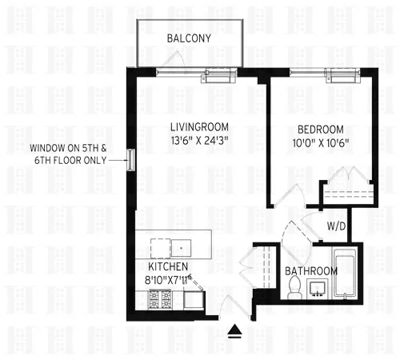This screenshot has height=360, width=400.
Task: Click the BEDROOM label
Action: tap(320, 130)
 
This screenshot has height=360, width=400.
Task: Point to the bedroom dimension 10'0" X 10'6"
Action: tap(320, 145)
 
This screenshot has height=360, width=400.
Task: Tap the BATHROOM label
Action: tap(310, 270)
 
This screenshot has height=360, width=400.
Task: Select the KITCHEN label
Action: tap(168, 266)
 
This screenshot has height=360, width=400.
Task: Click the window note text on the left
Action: tap(67, 154)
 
